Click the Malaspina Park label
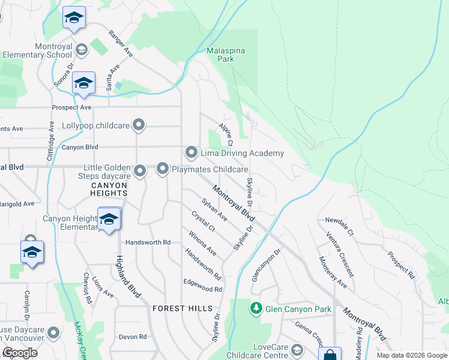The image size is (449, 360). [226, 55]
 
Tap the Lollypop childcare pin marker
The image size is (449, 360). [139, 126]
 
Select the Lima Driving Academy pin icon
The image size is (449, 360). [191, 153]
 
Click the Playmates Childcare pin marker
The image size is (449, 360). [163, 170]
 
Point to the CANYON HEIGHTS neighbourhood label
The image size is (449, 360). [109, 190]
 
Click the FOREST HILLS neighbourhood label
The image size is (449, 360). [182, 308]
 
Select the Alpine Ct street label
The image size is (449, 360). [225, 134]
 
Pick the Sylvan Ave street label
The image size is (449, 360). [214, 211]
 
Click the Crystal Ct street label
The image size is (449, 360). [203, 221]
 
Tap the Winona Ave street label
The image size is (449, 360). [202, 242]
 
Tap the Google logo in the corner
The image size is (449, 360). [20, 353]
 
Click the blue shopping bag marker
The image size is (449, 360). [329, 355]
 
